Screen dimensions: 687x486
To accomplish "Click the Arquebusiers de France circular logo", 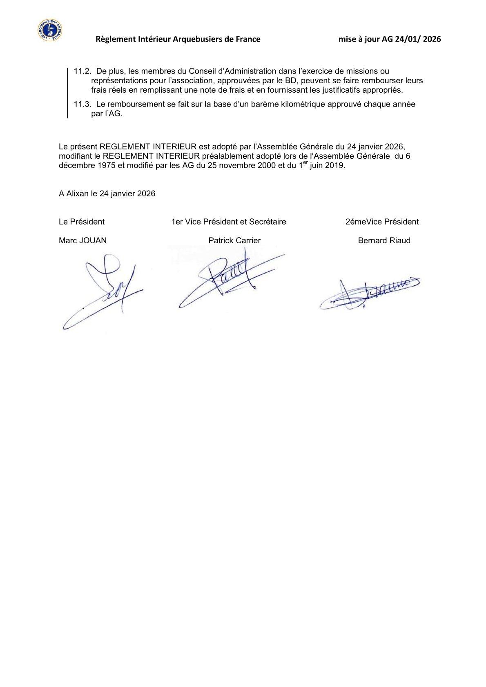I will [49, 30].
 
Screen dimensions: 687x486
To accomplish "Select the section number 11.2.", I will [81, 71].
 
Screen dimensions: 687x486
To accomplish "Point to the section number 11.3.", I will [81, 104].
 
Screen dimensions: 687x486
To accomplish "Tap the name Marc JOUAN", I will [82, 240].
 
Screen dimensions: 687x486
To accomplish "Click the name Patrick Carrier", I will [234, 240].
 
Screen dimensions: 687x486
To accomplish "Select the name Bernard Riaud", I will [384, 240].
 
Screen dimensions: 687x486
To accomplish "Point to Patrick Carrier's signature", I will [229, 278].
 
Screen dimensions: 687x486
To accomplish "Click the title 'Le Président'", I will [82, 222].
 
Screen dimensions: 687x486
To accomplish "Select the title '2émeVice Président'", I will [382, 222].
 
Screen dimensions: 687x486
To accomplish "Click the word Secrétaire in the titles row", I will [268, 222].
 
